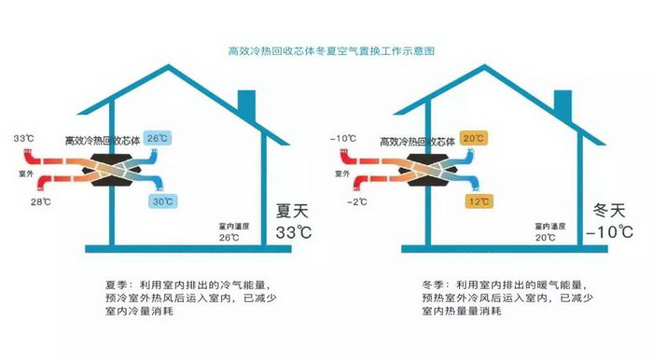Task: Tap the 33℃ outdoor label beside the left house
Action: click(23, 138)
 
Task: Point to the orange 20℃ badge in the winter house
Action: click(474, 138)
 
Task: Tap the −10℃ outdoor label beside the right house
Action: click(343, 138)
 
